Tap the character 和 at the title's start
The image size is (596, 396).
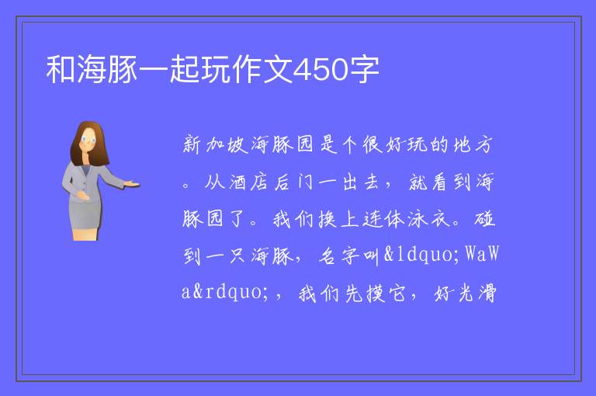61,69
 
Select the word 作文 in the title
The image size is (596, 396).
262,69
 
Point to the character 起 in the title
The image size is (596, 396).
185,69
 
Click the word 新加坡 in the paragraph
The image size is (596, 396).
215,144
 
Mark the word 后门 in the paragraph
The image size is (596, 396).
294,182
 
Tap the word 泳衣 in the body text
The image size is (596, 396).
429,219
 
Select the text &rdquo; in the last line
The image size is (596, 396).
231,292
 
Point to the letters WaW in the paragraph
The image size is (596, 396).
482,254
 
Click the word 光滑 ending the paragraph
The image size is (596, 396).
478,294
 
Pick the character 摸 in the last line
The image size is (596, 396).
376,294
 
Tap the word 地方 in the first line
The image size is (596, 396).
473,144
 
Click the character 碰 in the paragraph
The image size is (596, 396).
484,219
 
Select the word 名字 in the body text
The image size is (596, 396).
338,255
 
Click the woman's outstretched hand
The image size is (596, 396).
132,185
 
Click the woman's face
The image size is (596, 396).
88,140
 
